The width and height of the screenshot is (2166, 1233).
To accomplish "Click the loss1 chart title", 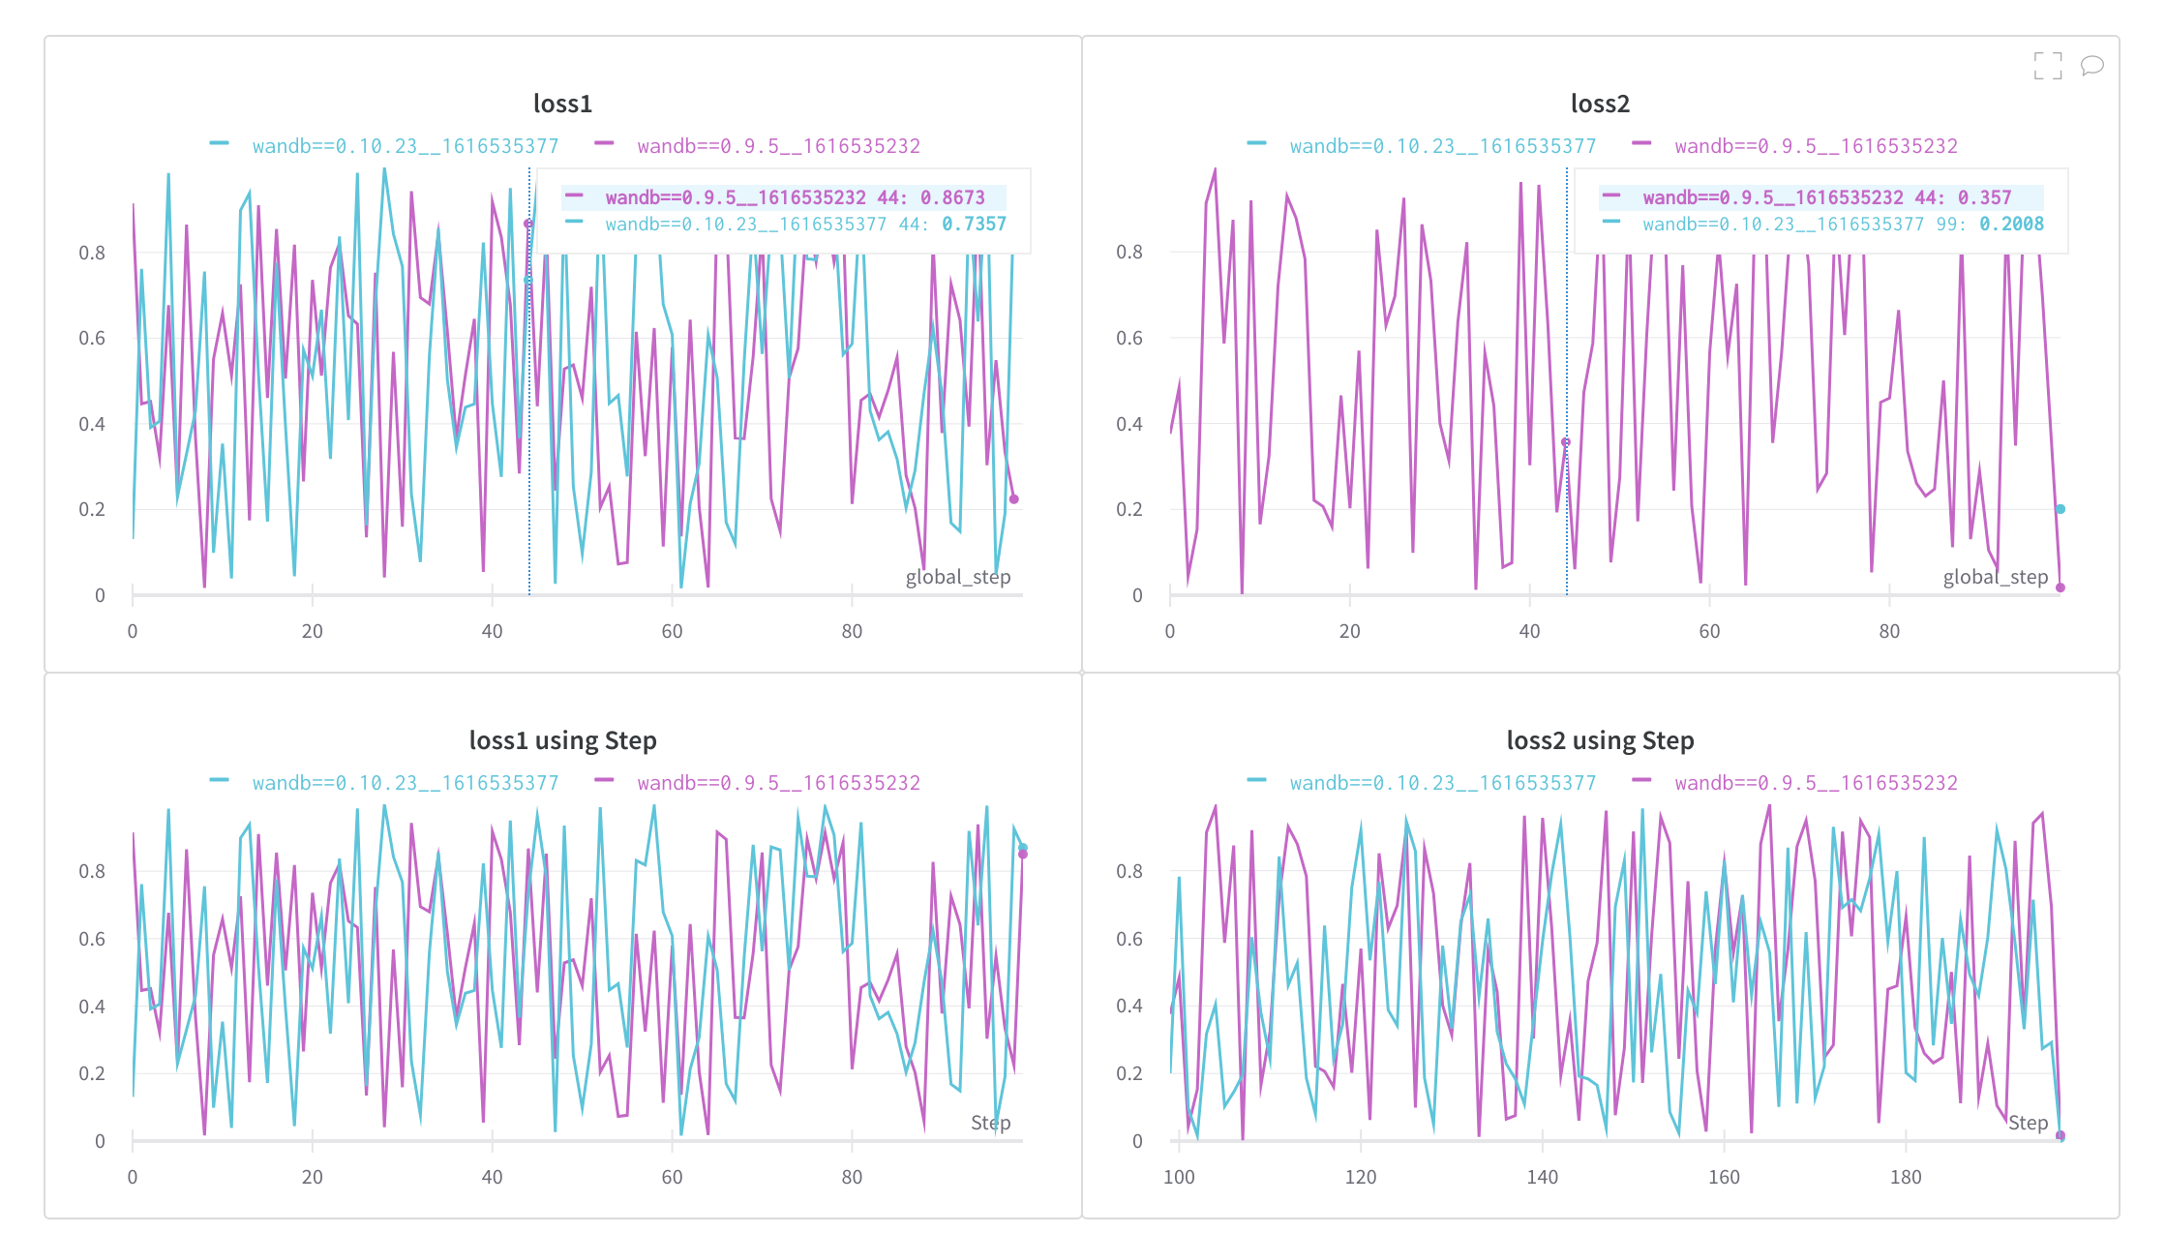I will pos(562,104).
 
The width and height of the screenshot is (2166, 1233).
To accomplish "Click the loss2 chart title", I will pos(1600,104).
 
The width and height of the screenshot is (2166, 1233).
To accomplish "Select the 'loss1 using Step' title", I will pos(562,740).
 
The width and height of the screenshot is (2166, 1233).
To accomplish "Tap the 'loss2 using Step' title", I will pos(1600,740).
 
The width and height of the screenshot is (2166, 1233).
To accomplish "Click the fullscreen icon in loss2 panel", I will pos(2047,66).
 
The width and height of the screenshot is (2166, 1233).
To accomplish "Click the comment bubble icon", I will pos(2091,66).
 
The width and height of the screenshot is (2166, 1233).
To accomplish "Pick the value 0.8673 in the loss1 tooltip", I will pos(952,197).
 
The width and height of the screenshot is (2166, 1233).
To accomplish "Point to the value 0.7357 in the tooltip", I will pos(974,225).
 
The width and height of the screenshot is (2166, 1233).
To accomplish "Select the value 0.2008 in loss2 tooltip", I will pos(2011,225).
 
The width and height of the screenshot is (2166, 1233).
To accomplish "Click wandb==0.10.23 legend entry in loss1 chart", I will pos(405,146).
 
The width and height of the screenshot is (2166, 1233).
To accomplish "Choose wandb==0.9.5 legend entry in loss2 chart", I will pos(1816,146).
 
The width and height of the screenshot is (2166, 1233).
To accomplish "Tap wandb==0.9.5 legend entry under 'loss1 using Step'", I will pos(778,783).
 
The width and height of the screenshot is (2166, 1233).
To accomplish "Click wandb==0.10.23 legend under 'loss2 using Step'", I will pos(1442,783).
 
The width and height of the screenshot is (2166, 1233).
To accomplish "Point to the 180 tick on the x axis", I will pos(1905,1177).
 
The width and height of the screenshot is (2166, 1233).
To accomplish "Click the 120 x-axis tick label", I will pos(1360,1177).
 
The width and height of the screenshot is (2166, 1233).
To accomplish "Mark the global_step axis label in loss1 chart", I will pos(957,577).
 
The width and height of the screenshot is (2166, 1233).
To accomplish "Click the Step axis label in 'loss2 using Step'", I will pos(2028,1123).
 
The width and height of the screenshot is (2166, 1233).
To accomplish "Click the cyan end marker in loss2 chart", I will pos(2061,509).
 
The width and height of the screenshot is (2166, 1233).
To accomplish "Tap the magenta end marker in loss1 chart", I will pos(1014,499).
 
